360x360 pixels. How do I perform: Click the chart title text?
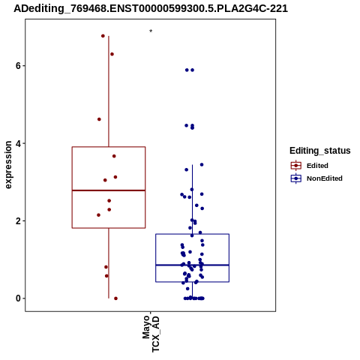151,8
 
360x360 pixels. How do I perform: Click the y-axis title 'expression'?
8,165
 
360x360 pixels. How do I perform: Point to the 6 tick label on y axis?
18,66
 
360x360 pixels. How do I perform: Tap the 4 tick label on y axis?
18,143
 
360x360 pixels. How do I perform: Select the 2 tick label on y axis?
18,221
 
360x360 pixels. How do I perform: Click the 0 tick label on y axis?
18,298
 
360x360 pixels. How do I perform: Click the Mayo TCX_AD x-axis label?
151,334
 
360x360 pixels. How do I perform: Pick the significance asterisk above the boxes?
151,31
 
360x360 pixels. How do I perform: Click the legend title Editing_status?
320,151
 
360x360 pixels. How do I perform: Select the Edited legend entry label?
317,166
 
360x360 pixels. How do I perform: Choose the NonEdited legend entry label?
325,178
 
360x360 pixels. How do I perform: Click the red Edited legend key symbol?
296,166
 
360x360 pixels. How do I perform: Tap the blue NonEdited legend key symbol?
296,178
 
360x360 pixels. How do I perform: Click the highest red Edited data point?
103,36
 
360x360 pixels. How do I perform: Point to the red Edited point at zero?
115,298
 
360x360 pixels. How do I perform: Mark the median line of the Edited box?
109,190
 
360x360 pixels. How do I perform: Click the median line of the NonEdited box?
192,265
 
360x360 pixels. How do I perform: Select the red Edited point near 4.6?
99,119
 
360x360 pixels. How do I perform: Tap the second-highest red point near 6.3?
112,54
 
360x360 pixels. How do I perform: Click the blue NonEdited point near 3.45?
202,164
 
